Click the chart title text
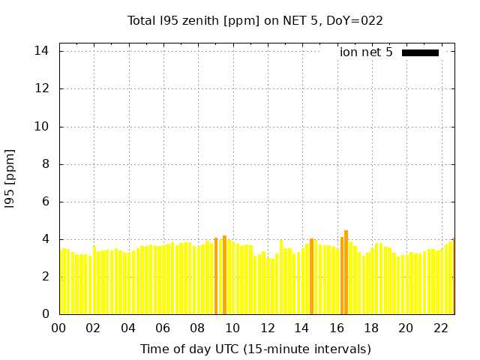(255, 20)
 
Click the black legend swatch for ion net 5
(420, 52)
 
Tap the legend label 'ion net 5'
(366, 52)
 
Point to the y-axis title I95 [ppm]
(10, 178)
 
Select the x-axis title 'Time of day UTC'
(255, 349)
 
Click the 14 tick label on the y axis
(42, 51)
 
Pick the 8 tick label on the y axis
(46, 164)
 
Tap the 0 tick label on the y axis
(46, 314)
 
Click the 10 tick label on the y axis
(42, 127)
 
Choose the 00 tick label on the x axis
(59, 328)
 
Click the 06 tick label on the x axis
(163, 328)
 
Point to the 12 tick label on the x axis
(267, 328)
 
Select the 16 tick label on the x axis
(336, 328)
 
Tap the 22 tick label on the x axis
(440, 328)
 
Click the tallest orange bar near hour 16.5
(346, 274)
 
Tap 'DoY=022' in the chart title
(355, 20)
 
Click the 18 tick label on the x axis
(370, 328)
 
